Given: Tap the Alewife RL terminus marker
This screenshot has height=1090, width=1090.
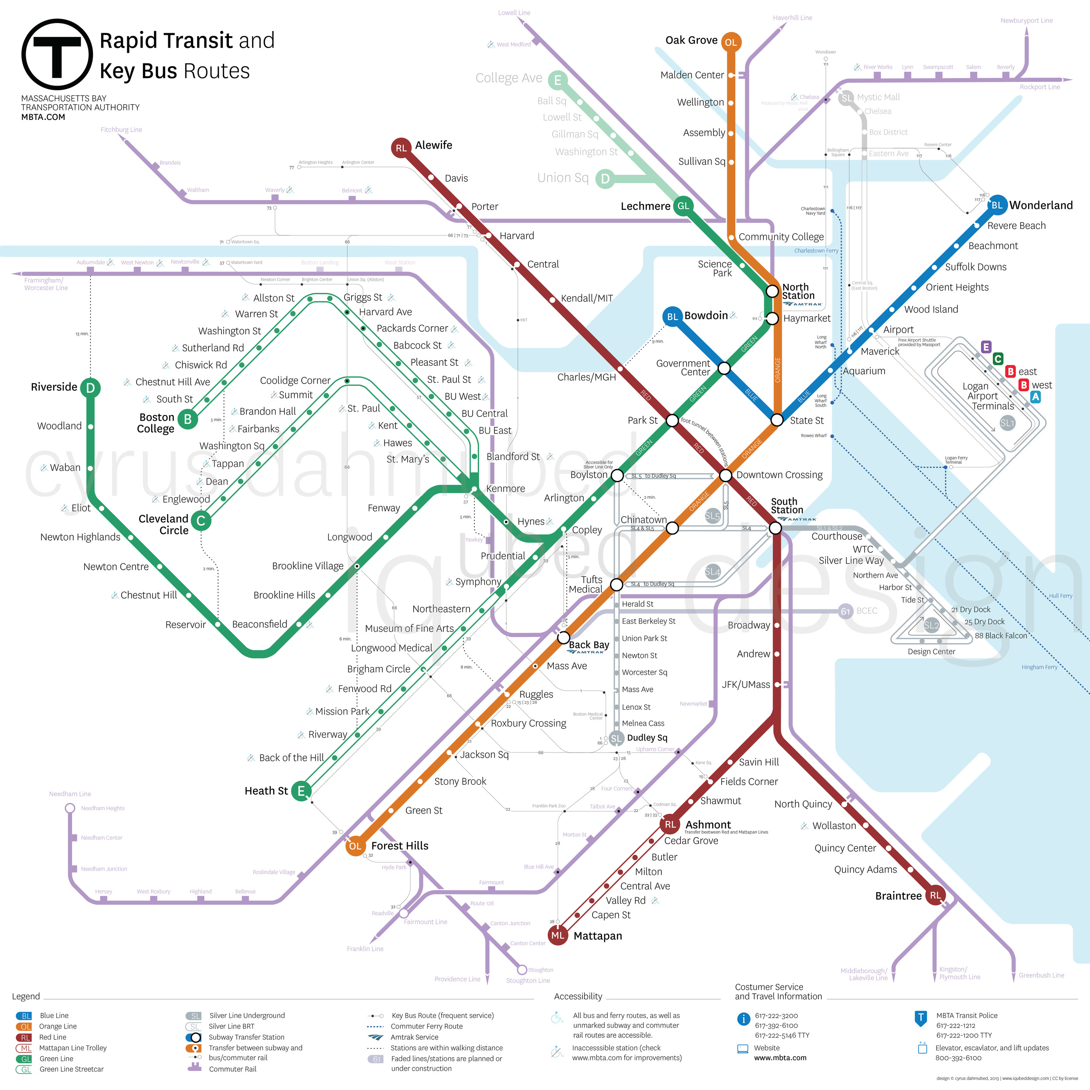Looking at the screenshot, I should point(401,148).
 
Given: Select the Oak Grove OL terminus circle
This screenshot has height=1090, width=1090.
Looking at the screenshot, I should point(731,42).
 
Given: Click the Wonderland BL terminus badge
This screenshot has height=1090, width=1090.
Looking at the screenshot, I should point(997,205).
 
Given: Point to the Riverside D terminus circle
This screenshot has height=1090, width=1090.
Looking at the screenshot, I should point(90,388).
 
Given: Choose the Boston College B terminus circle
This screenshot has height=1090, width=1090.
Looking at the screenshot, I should point(188,419).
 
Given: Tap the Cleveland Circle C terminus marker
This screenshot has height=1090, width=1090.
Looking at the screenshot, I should point(201,521).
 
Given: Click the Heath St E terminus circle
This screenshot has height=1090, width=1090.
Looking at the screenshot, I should point(301,791).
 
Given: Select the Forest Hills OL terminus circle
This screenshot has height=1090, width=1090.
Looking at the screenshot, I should point(355,846).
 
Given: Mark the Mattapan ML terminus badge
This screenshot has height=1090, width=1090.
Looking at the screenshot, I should point(558,935).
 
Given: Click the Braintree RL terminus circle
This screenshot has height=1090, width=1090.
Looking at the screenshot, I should point(935,896).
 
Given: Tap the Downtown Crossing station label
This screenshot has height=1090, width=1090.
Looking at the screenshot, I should point(779,475).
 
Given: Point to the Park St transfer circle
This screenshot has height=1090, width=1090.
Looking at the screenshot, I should point(672,420).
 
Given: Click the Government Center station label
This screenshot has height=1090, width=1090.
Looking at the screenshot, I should point(683,368).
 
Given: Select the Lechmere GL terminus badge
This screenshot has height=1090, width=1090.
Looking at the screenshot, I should point(683,206).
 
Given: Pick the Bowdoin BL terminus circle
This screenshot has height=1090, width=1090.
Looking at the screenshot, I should point(672,317).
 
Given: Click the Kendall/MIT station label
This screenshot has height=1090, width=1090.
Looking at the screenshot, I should point(587,299).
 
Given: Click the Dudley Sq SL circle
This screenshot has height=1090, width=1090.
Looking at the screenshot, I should point(616,739).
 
